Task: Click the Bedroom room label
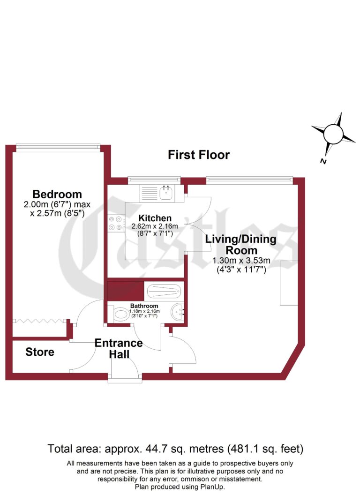(x=57, y=194)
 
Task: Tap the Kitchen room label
(x=154, y=218)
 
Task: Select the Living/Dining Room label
(x=241, y=245)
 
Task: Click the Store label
(x=40, y=352)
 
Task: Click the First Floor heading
(x=199, y=155)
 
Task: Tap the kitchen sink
(x=165, y=191)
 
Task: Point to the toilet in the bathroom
(x=120, y=315)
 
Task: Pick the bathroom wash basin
(x=177, y=311)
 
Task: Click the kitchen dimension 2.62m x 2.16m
(x=154, y=226)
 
